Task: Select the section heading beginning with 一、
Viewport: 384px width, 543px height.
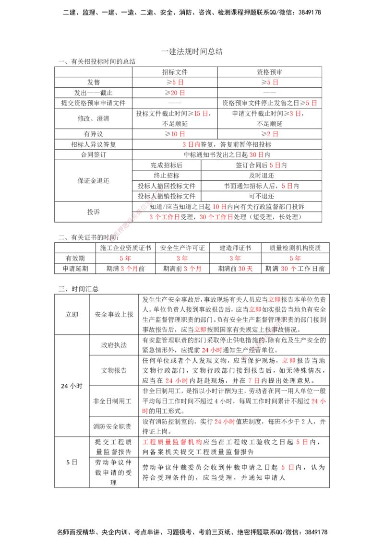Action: point(98,62)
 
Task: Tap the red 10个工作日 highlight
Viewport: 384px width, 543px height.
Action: point(216,217)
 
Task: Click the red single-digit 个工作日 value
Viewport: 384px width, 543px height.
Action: point(164,217)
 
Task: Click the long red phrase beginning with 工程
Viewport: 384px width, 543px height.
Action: point(172,441)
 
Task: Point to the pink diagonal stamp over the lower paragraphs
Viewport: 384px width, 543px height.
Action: point(264,338)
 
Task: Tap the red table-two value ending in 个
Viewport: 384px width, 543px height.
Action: point(288,269)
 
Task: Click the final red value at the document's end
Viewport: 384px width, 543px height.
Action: point(288,467)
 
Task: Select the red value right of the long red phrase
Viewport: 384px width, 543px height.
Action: point(301,441)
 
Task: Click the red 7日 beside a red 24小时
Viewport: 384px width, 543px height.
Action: point(253,380)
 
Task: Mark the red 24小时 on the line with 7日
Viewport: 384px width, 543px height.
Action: point(177,380)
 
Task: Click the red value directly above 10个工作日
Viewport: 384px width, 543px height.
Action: point(219,207)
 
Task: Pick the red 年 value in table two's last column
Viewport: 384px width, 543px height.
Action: point(295,258)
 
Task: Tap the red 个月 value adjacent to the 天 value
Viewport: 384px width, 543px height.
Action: point(193,269)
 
